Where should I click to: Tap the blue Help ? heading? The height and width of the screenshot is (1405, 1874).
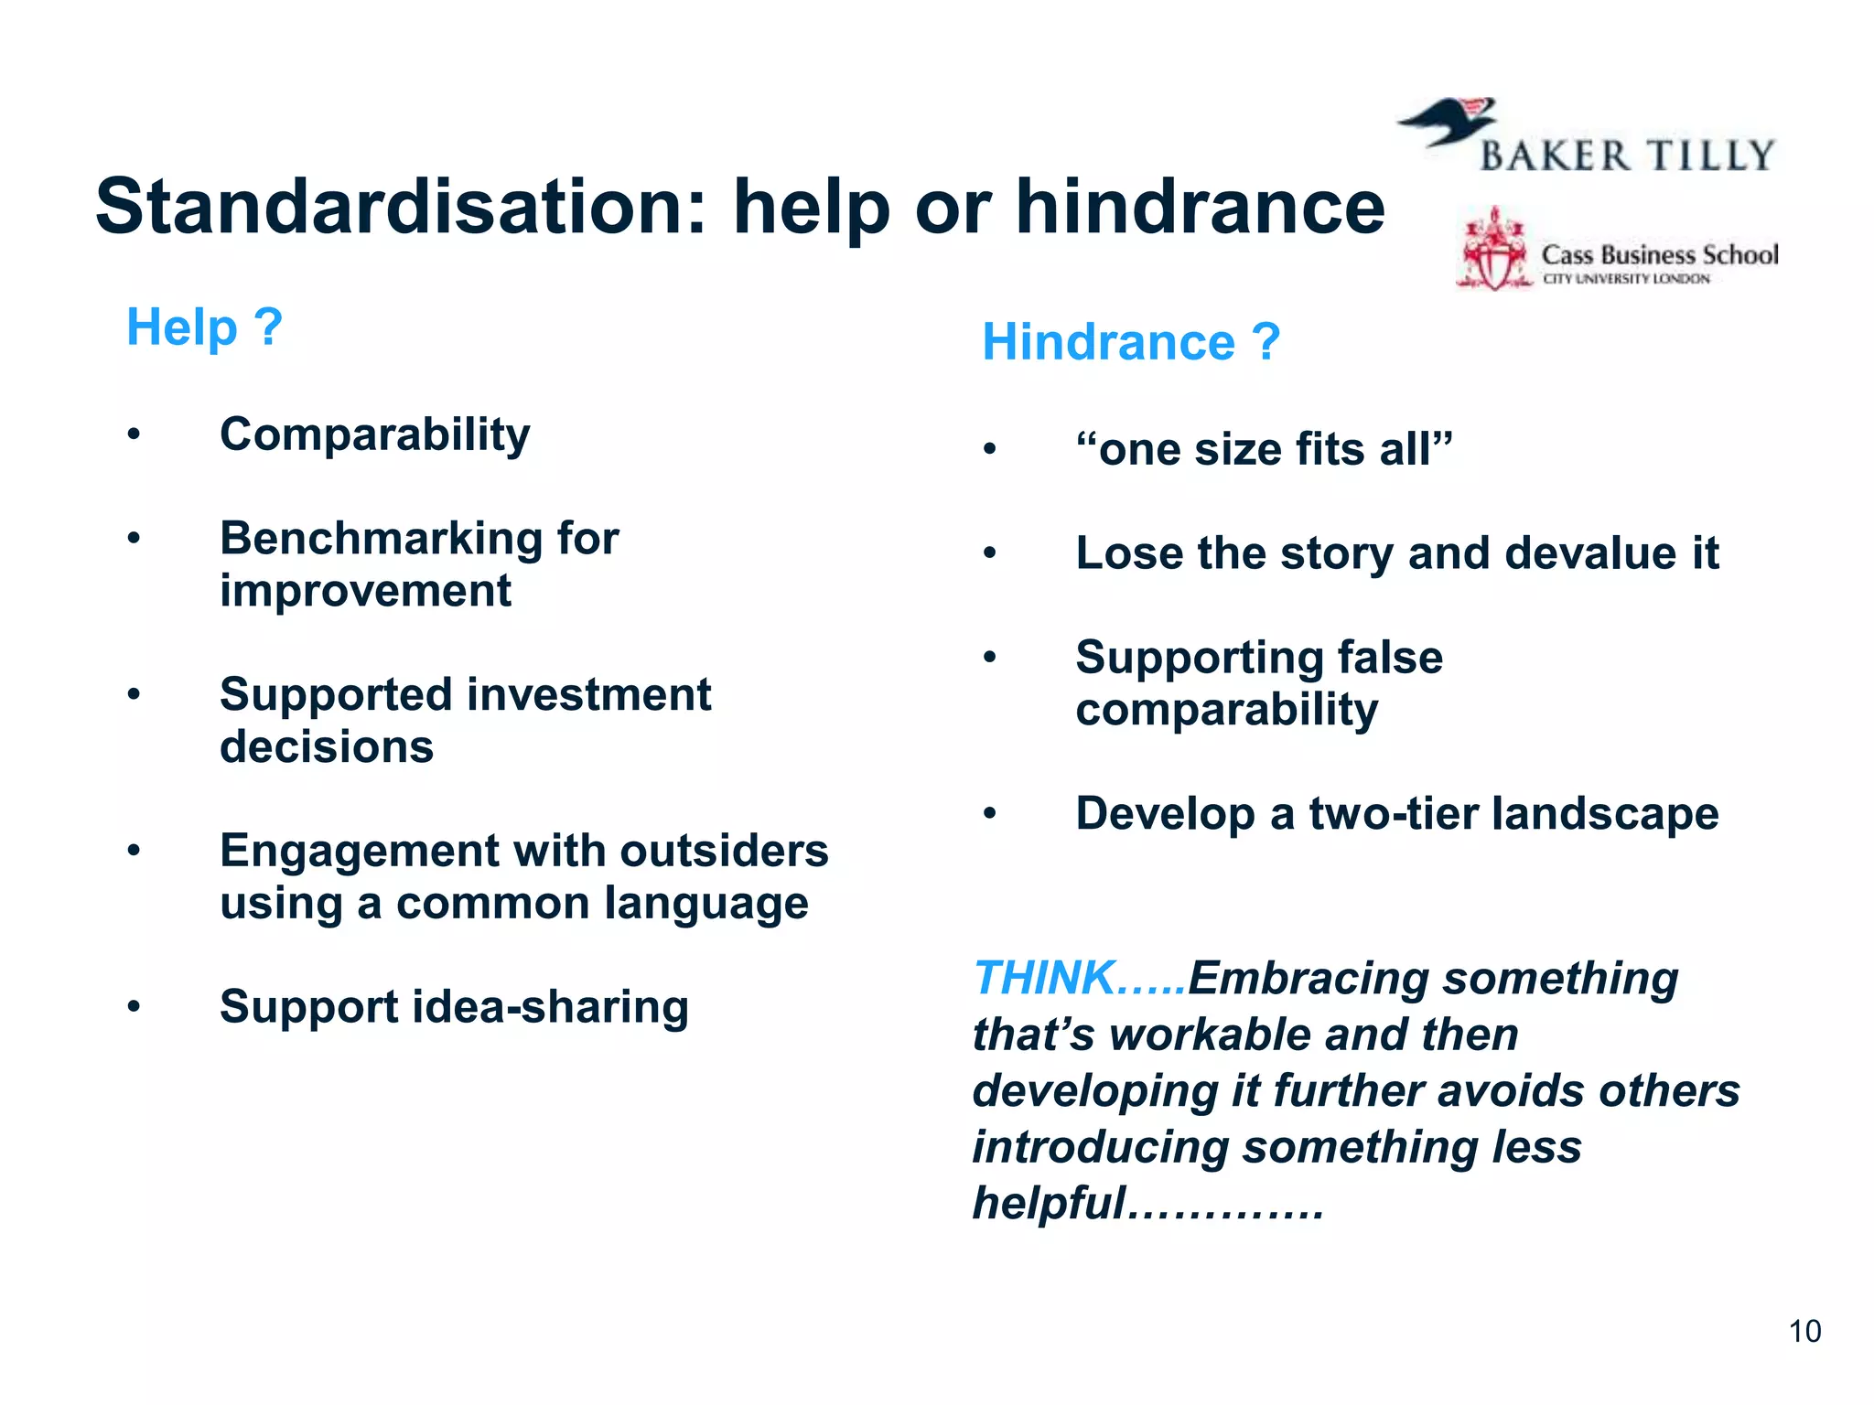pos(204,327)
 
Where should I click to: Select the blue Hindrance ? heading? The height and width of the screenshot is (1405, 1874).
pos(1130,342)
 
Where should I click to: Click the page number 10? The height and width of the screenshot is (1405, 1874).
pos(1804,1331)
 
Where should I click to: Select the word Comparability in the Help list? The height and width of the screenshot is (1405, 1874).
pos(374,434)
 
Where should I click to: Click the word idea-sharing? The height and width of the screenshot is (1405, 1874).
pos(551,1007)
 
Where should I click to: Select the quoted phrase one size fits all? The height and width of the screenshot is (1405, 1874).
pos(1264,450)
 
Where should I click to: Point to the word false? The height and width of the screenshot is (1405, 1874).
pos(1390,658)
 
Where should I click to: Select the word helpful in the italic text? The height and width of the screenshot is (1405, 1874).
pos(1049,1203)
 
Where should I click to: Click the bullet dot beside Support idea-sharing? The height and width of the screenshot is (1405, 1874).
pos(135,1007)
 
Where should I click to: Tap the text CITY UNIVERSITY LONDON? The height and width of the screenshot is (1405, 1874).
pos(1626,279)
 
